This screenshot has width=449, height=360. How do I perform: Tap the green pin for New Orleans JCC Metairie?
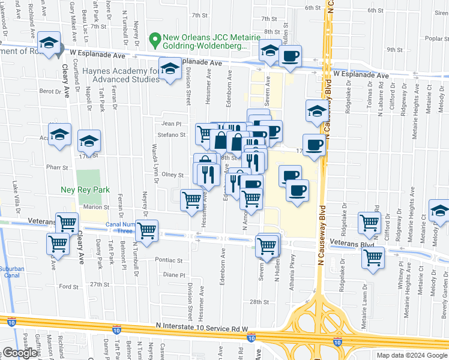[155, 41]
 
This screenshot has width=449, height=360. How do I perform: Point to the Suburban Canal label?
[11, 272]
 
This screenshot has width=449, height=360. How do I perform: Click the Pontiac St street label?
[169, 261]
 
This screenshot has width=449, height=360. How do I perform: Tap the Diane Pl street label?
[174, 275]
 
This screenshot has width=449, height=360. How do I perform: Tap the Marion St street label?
[95, 207]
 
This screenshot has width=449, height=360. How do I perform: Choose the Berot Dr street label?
[50, 91]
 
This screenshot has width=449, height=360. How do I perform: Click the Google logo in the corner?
[20, 353]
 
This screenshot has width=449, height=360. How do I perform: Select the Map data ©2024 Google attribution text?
[411, 355]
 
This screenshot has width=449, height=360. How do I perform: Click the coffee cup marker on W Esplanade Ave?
[291, 56]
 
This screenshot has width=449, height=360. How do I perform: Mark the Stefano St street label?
[175, 136]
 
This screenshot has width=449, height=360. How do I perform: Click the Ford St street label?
[69, 287]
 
